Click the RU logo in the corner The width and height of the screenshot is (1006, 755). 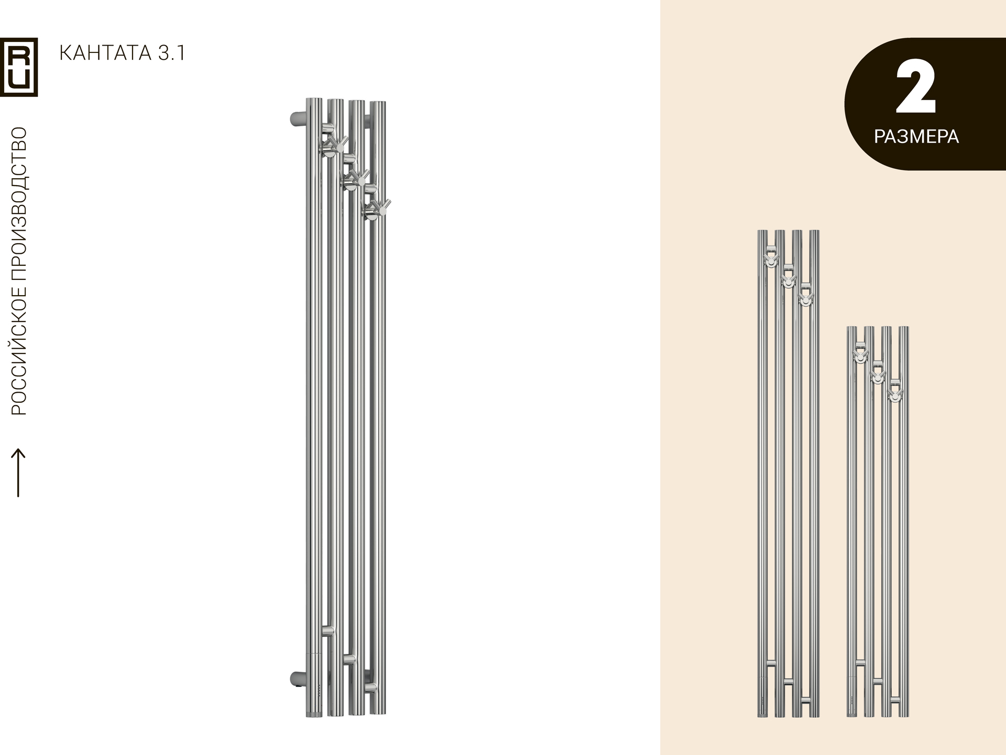coord(19,67)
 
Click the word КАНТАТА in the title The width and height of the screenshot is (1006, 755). coord(105,53)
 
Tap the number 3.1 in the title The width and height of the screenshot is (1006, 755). coord(171,53)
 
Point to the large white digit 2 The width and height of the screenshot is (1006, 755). coord(915,87)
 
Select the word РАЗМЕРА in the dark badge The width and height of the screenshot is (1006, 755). coord(916,137)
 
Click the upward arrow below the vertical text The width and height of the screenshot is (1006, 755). coord(18,472)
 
